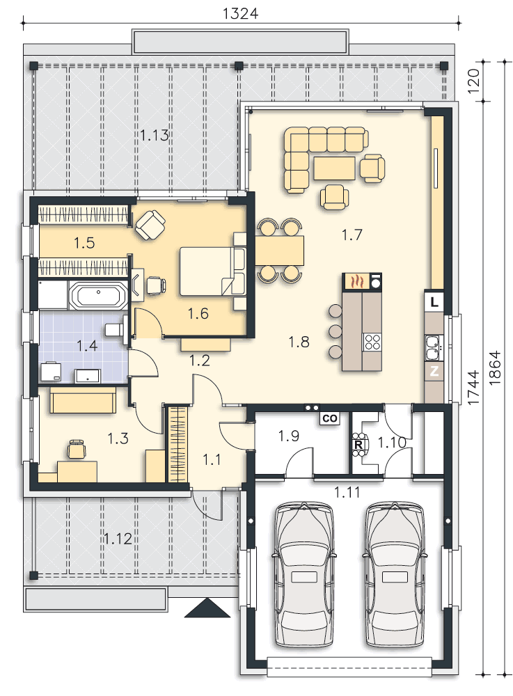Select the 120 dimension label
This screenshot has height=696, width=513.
[475, 81]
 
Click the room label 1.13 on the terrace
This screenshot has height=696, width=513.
[155, 135]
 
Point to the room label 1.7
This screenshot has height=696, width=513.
[352, 235]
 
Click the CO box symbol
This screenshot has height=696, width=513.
[329, 418]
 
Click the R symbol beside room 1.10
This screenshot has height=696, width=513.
[358, 443]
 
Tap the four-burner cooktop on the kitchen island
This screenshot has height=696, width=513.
[372, 341]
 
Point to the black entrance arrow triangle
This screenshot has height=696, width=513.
[207, 609]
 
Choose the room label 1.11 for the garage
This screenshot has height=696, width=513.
[346, 492]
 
